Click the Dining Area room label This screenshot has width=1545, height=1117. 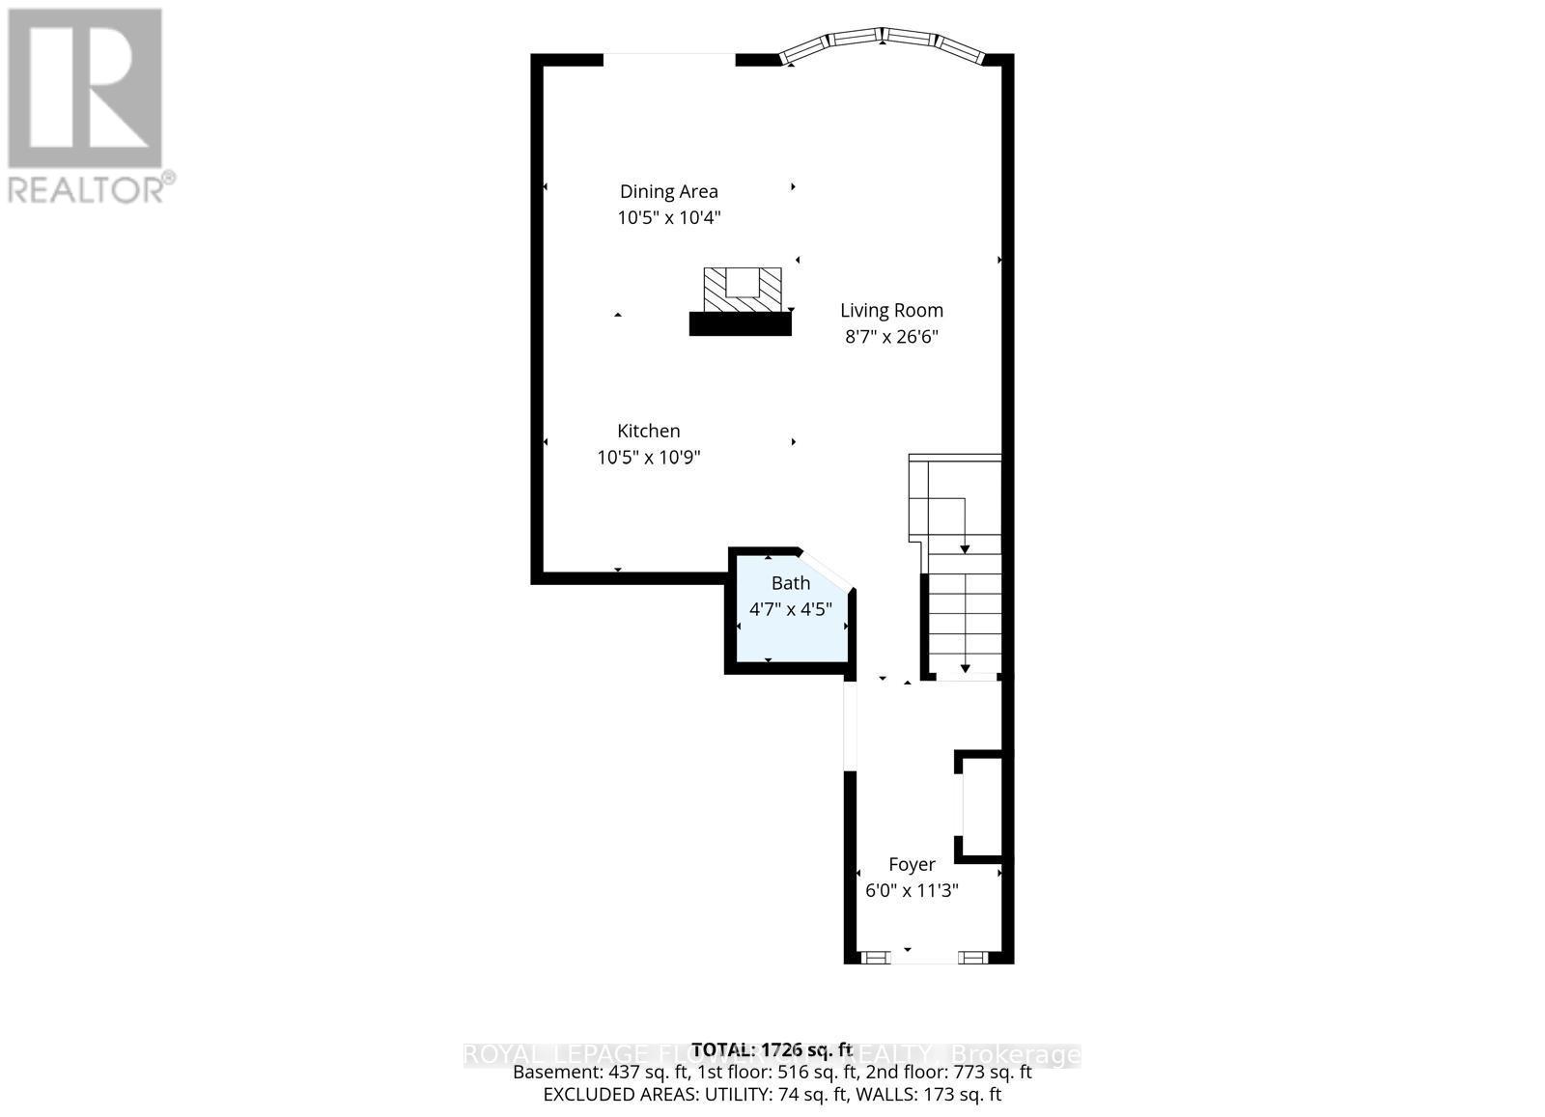(x=668, y=191)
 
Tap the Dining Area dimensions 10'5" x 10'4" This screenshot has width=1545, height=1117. (x=668, y=218)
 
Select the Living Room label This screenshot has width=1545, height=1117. (x=891, y=310)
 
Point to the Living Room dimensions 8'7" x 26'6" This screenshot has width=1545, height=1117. (x=891, y=337)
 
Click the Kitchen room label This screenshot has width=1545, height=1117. (x=649, y=431)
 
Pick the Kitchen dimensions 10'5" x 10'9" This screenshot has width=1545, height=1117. (x=649, y=458)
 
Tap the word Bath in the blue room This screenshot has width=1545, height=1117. (x=790, y=583)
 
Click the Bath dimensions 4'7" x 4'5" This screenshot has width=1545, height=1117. (x=790, y=609)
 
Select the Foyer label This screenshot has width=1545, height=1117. (x=912, y=864)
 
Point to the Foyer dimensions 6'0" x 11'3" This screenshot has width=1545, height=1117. (x=912, y=890)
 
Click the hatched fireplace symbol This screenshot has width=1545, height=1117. (x=742, y=290)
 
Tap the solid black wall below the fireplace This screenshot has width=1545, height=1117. (x=740, y=324)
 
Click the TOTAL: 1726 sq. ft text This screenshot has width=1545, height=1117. (x=772, y=1049)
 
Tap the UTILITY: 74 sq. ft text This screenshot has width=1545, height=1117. (x=785, y=1095)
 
